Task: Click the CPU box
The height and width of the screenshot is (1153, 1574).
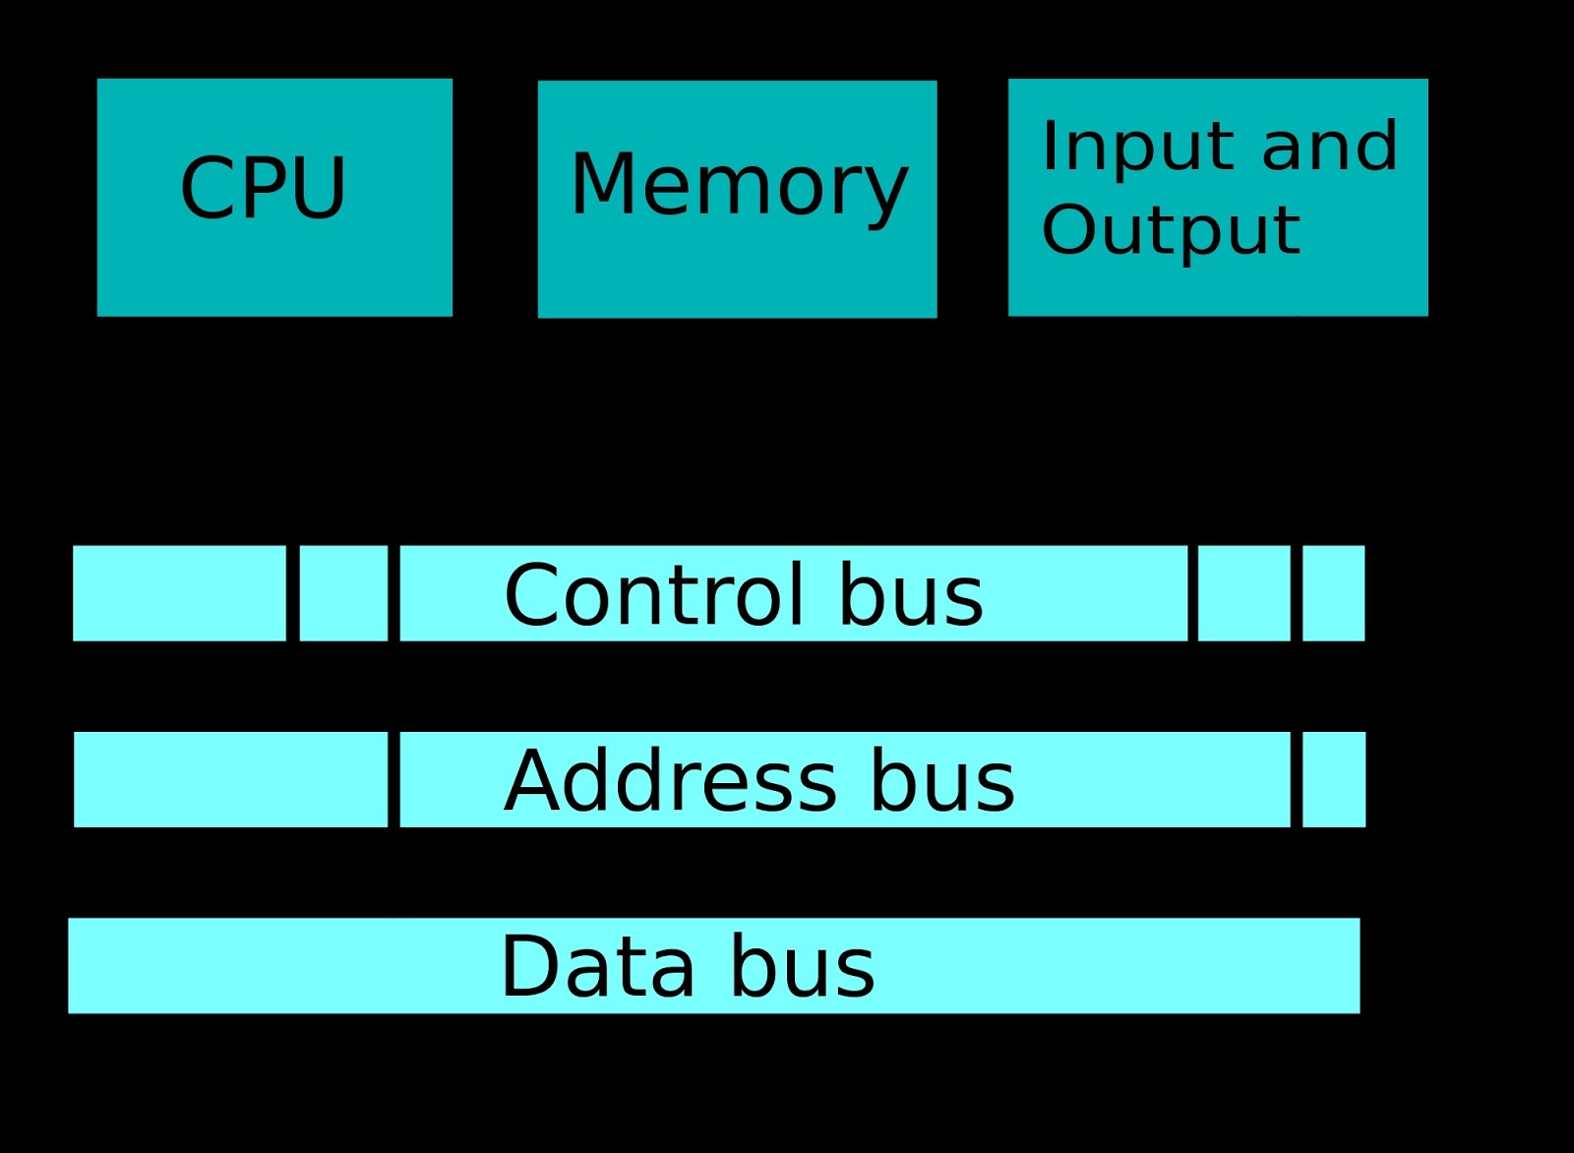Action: point(274,197)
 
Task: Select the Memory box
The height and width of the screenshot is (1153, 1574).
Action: point(737,199)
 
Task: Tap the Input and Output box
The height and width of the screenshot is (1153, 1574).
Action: point(1218,197)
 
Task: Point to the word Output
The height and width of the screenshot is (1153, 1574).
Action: point(1171,230)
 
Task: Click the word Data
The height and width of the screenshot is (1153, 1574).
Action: point(596,966)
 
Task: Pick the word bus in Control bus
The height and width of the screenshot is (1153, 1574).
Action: point(910,594)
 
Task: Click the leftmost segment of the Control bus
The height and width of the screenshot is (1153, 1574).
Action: point(179,593)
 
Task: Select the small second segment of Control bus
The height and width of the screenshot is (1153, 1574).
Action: point(343,593)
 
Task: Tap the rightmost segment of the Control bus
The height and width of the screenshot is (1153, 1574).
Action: point(1334,593)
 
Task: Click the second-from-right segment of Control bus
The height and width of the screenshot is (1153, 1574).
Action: point(1244,593)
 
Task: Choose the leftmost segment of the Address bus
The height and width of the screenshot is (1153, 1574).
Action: point(230,779)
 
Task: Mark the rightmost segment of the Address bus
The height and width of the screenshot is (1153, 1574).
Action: point(1334,779)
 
